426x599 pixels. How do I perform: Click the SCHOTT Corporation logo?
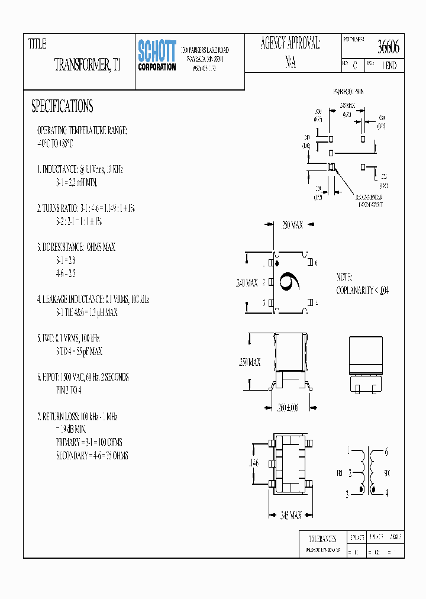(157, 56)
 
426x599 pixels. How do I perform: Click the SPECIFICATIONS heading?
(62, 107)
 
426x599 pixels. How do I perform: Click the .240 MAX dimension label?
(247, 283)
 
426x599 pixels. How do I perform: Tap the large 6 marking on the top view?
(291, 283)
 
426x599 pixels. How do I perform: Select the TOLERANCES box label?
(322, 539)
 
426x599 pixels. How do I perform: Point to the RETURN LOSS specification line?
(78, 417)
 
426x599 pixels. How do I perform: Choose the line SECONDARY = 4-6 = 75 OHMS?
(92, 456)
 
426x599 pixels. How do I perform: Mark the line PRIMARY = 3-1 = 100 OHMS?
(89, 442)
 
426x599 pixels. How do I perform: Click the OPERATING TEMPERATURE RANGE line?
(82, 130)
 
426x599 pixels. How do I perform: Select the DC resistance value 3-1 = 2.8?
(66, 260)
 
